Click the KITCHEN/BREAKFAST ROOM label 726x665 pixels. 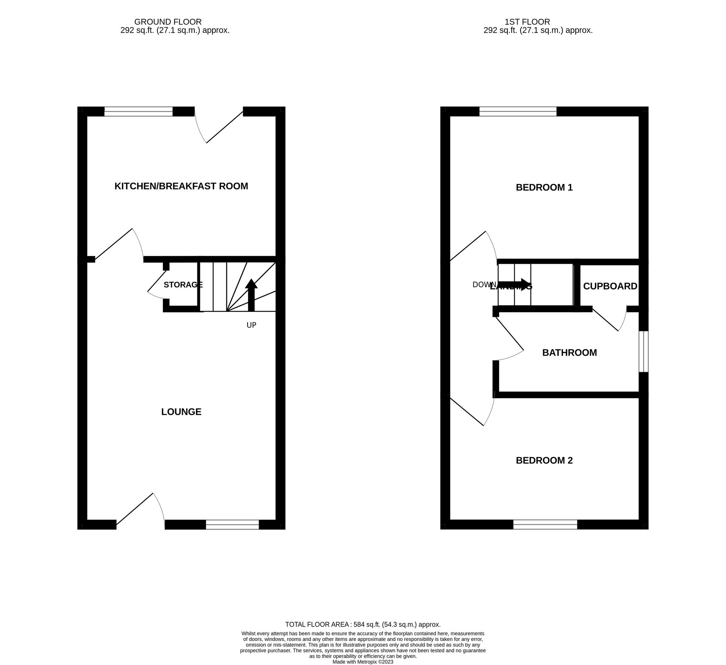(181, 186)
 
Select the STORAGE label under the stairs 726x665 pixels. (183, 285)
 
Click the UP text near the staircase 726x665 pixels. (251, 325)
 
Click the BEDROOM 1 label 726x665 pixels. (544, 188)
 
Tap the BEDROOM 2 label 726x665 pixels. (544, 460)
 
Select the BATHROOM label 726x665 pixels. (569, 352)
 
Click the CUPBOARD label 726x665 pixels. (610, 286)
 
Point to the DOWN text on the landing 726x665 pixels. (484, 285)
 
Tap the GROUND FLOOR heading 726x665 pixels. (168, 22)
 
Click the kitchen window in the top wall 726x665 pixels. (138, 111)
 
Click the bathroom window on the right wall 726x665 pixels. (643, 351)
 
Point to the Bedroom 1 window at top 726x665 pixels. (517, 111)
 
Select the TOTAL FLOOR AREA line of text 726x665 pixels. (362, 624)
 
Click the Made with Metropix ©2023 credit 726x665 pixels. (362, 662)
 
